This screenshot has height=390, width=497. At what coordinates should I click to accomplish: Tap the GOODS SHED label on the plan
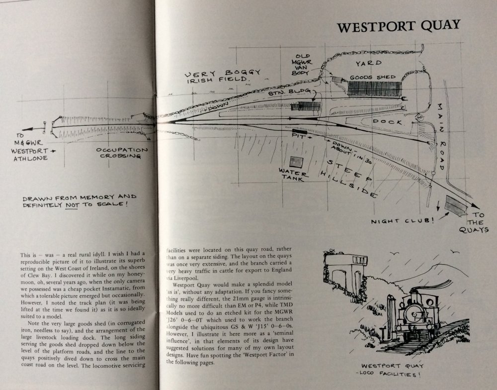tap(373, 77)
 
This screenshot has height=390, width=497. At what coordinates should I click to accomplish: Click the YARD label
tap(368, 63)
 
